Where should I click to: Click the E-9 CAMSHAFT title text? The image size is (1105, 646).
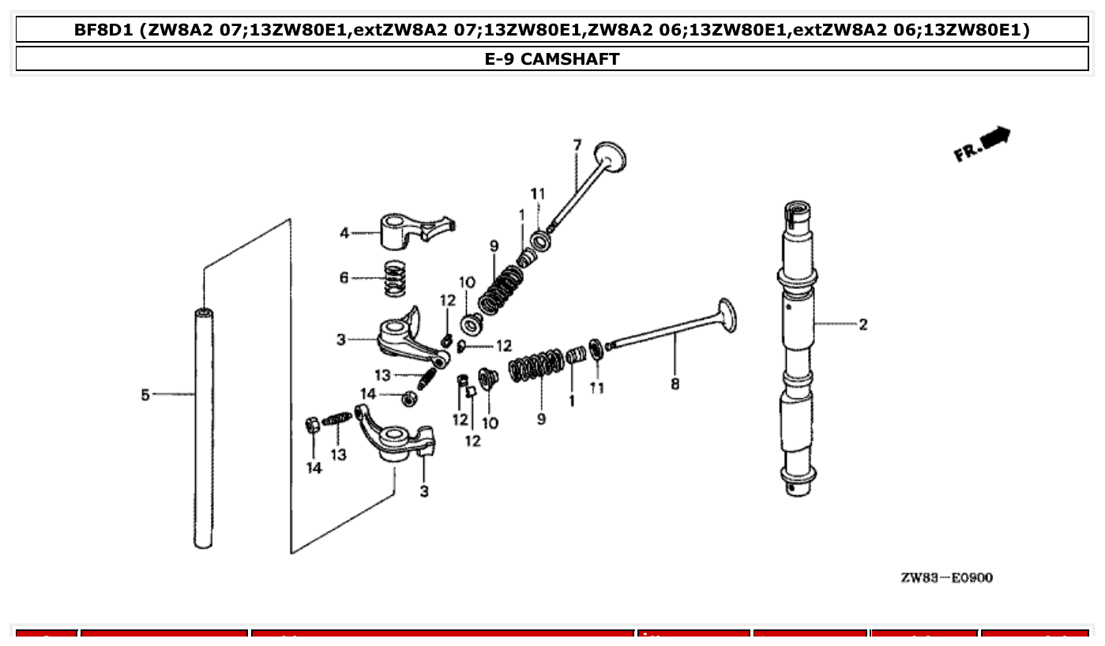552,59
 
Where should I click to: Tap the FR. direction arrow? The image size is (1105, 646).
982,144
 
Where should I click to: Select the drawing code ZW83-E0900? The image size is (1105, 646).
946,578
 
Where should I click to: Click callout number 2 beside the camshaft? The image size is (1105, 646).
863,325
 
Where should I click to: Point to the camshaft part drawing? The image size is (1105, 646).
797,347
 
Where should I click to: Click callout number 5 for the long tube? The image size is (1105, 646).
145,394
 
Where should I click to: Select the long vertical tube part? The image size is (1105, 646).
204,426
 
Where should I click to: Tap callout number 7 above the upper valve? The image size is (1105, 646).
577,145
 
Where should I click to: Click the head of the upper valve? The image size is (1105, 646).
611,156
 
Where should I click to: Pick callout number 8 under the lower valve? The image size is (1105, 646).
675,385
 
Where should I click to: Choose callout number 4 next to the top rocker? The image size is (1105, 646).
344,233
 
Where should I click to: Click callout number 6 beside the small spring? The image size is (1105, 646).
344,278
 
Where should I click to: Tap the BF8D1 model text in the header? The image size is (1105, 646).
103,30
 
